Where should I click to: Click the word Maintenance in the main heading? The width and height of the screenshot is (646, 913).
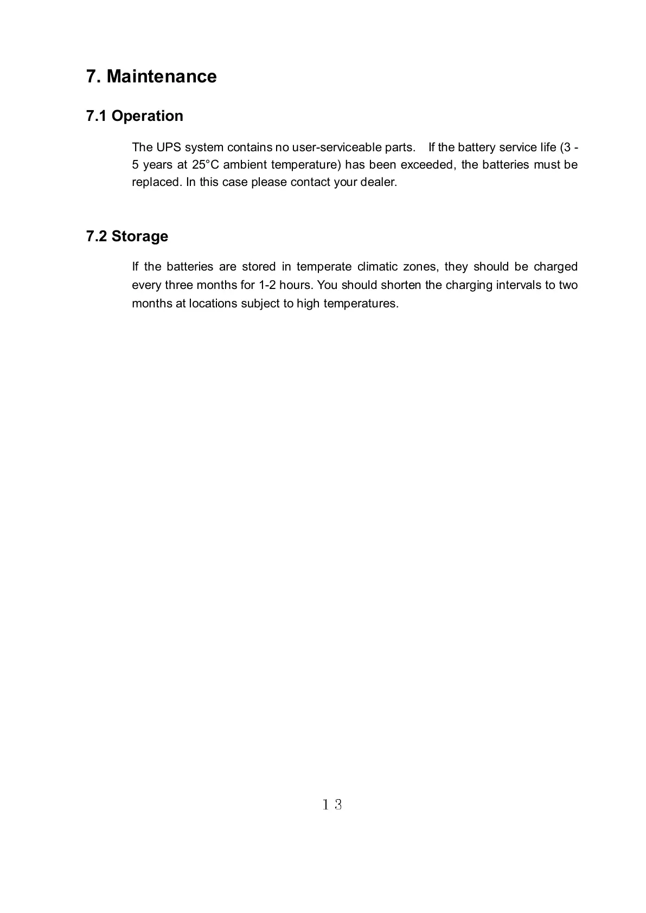coord(162,76)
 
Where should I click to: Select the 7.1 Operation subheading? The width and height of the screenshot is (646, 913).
coord(135,116)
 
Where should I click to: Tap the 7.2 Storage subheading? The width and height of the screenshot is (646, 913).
coord(127,236)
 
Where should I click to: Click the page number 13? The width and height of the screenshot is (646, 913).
coord(332,805)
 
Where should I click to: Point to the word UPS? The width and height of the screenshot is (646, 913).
coord(168,147)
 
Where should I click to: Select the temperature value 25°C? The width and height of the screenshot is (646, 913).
coord(205,165)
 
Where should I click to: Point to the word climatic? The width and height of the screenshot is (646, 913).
coord(377,267)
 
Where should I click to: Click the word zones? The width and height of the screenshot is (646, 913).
coord(420,267)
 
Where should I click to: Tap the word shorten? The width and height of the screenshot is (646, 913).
coord(401,285)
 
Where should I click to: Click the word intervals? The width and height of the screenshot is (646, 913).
coord(520,285)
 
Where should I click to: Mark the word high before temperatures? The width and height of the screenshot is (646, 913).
coord(308,304)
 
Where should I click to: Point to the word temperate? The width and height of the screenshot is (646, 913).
coord(324,267)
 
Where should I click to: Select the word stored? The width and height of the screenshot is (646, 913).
coord(259,267)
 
